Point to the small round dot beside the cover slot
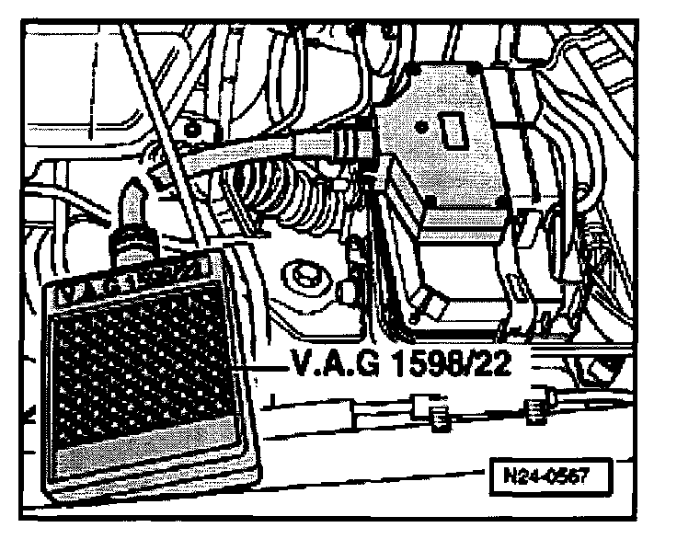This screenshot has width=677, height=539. pos(422,120)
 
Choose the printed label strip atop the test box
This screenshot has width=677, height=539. pos(138,273)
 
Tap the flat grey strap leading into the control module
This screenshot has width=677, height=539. pos(276,150)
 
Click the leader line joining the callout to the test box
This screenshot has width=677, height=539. pos(262,370)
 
